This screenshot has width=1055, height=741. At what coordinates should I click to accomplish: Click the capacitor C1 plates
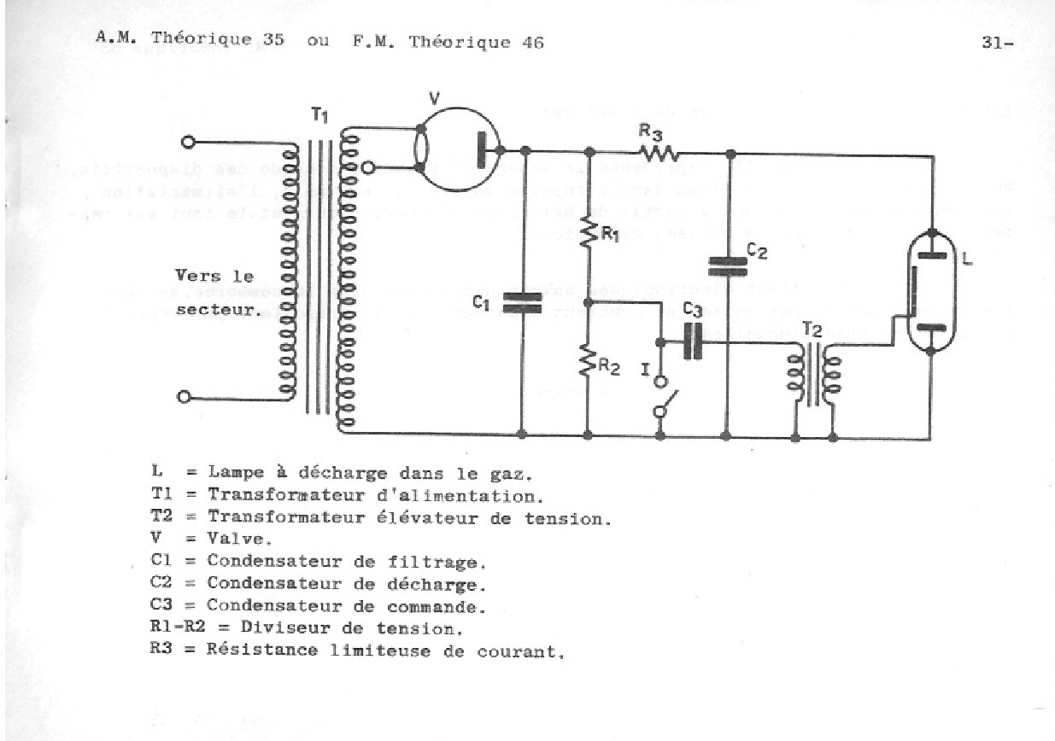pos(522,302)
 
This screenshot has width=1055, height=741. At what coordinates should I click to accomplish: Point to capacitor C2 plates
pos(726,267)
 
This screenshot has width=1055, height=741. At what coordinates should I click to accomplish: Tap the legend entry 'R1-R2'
pos(172,631)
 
